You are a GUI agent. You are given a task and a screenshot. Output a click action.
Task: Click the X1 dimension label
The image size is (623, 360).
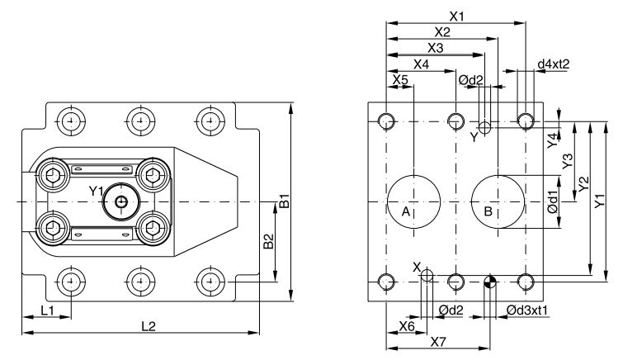pyautogui.click(x=457, y=16)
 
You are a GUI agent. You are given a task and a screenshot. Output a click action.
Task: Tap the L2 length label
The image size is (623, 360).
pyautogui.click(x=149, y=326)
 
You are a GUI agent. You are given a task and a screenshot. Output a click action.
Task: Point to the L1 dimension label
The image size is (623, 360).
pyautogui.click(x=47, y=310)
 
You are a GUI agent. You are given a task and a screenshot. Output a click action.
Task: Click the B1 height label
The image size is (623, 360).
pyautogui.click(x=283, y=201)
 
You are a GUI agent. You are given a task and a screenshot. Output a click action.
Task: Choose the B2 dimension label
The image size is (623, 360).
pyautogui.click(x=268, y=241)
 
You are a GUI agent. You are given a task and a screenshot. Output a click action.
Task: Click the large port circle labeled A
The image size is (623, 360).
pyautogui.click(x=413, y=201)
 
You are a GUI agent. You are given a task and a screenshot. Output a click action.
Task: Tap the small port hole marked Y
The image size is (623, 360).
pyautogui.click(x=485, y=129)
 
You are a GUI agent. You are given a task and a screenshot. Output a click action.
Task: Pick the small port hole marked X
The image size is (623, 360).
pyautogui.click(x=427, y=277)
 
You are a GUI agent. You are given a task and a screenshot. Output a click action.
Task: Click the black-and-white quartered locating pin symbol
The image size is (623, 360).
pyautogui.click(x=490, y=282)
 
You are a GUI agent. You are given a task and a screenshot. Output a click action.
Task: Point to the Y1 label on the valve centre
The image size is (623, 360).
pyautogui.click(x=97, y=192)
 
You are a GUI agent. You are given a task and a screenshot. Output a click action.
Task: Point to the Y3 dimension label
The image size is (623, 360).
pyautogui.click(x=567, y=162)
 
